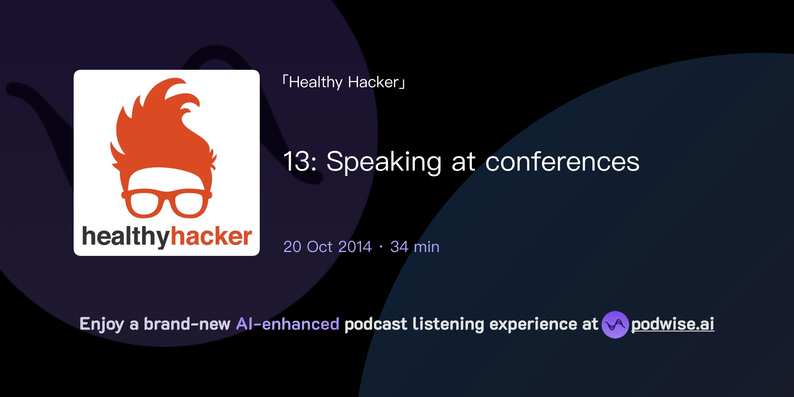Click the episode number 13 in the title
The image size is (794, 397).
pos(297,161)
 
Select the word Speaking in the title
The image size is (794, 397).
pos(384,162)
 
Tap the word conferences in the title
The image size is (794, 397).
pos(562,161)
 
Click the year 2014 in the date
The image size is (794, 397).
pos(355,247)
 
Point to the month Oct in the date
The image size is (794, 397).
pos(319,247)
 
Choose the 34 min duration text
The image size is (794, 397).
pos(415,247)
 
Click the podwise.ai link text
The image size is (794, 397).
pos(673,324)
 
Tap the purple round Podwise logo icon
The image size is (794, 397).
pos(615,325)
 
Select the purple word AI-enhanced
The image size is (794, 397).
pos(288,324)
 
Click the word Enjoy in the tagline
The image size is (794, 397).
pos(102,324)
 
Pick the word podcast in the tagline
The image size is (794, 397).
pos(376,324)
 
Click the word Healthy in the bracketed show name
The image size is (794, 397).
pos(316,83)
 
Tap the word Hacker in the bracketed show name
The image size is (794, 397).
pos(373,83)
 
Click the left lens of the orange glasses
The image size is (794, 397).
pos(144,204)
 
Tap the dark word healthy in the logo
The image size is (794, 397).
pos(126,237)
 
